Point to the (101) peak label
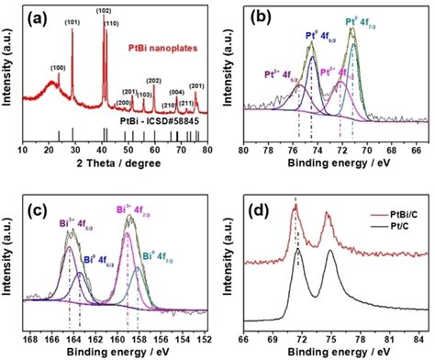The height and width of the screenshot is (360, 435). coord(72,23)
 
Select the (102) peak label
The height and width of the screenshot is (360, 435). coord(104,11)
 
